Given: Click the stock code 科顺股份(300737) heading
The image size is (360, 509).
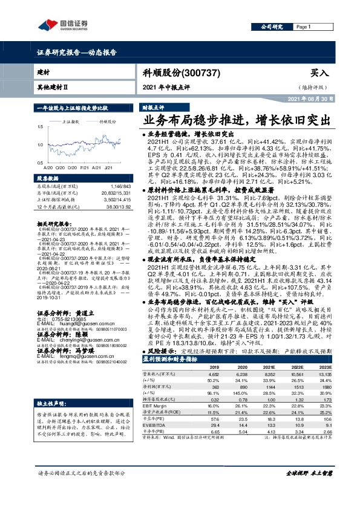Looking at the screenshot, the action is pyautogui.click(x=189, y=72).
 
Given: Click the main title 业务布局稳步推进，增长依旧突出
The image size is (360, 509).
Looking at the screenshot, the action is pyautogui.click(x=232, y=119).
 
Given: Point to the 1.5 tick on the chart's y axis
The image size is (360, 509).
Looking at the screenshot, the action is pyautogui.click(x=40, y=127).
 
